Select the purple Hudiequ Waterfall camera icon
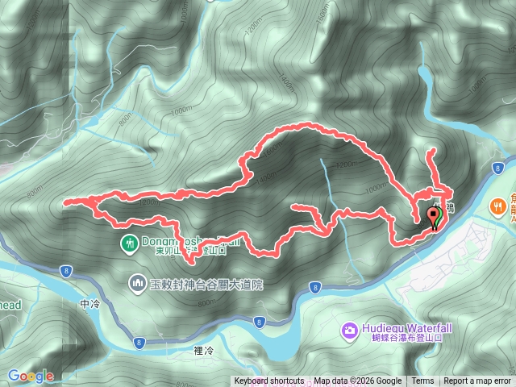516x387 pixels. pyautogui.click(x=349, y=329)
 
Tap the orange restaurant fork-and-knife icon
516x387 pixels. pyautogui.click(x=497, y=206)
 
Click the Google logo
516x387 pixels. pyautogui.click(x=31, y=376)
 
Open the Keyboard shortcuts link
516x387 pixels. pyautogui.click(x=269, y=381)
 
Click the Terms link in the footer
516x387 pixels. pyautogui.click(x=422, y=381)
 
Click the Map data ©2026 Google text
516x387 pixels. pyautogui.click(x=357, y=381)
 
